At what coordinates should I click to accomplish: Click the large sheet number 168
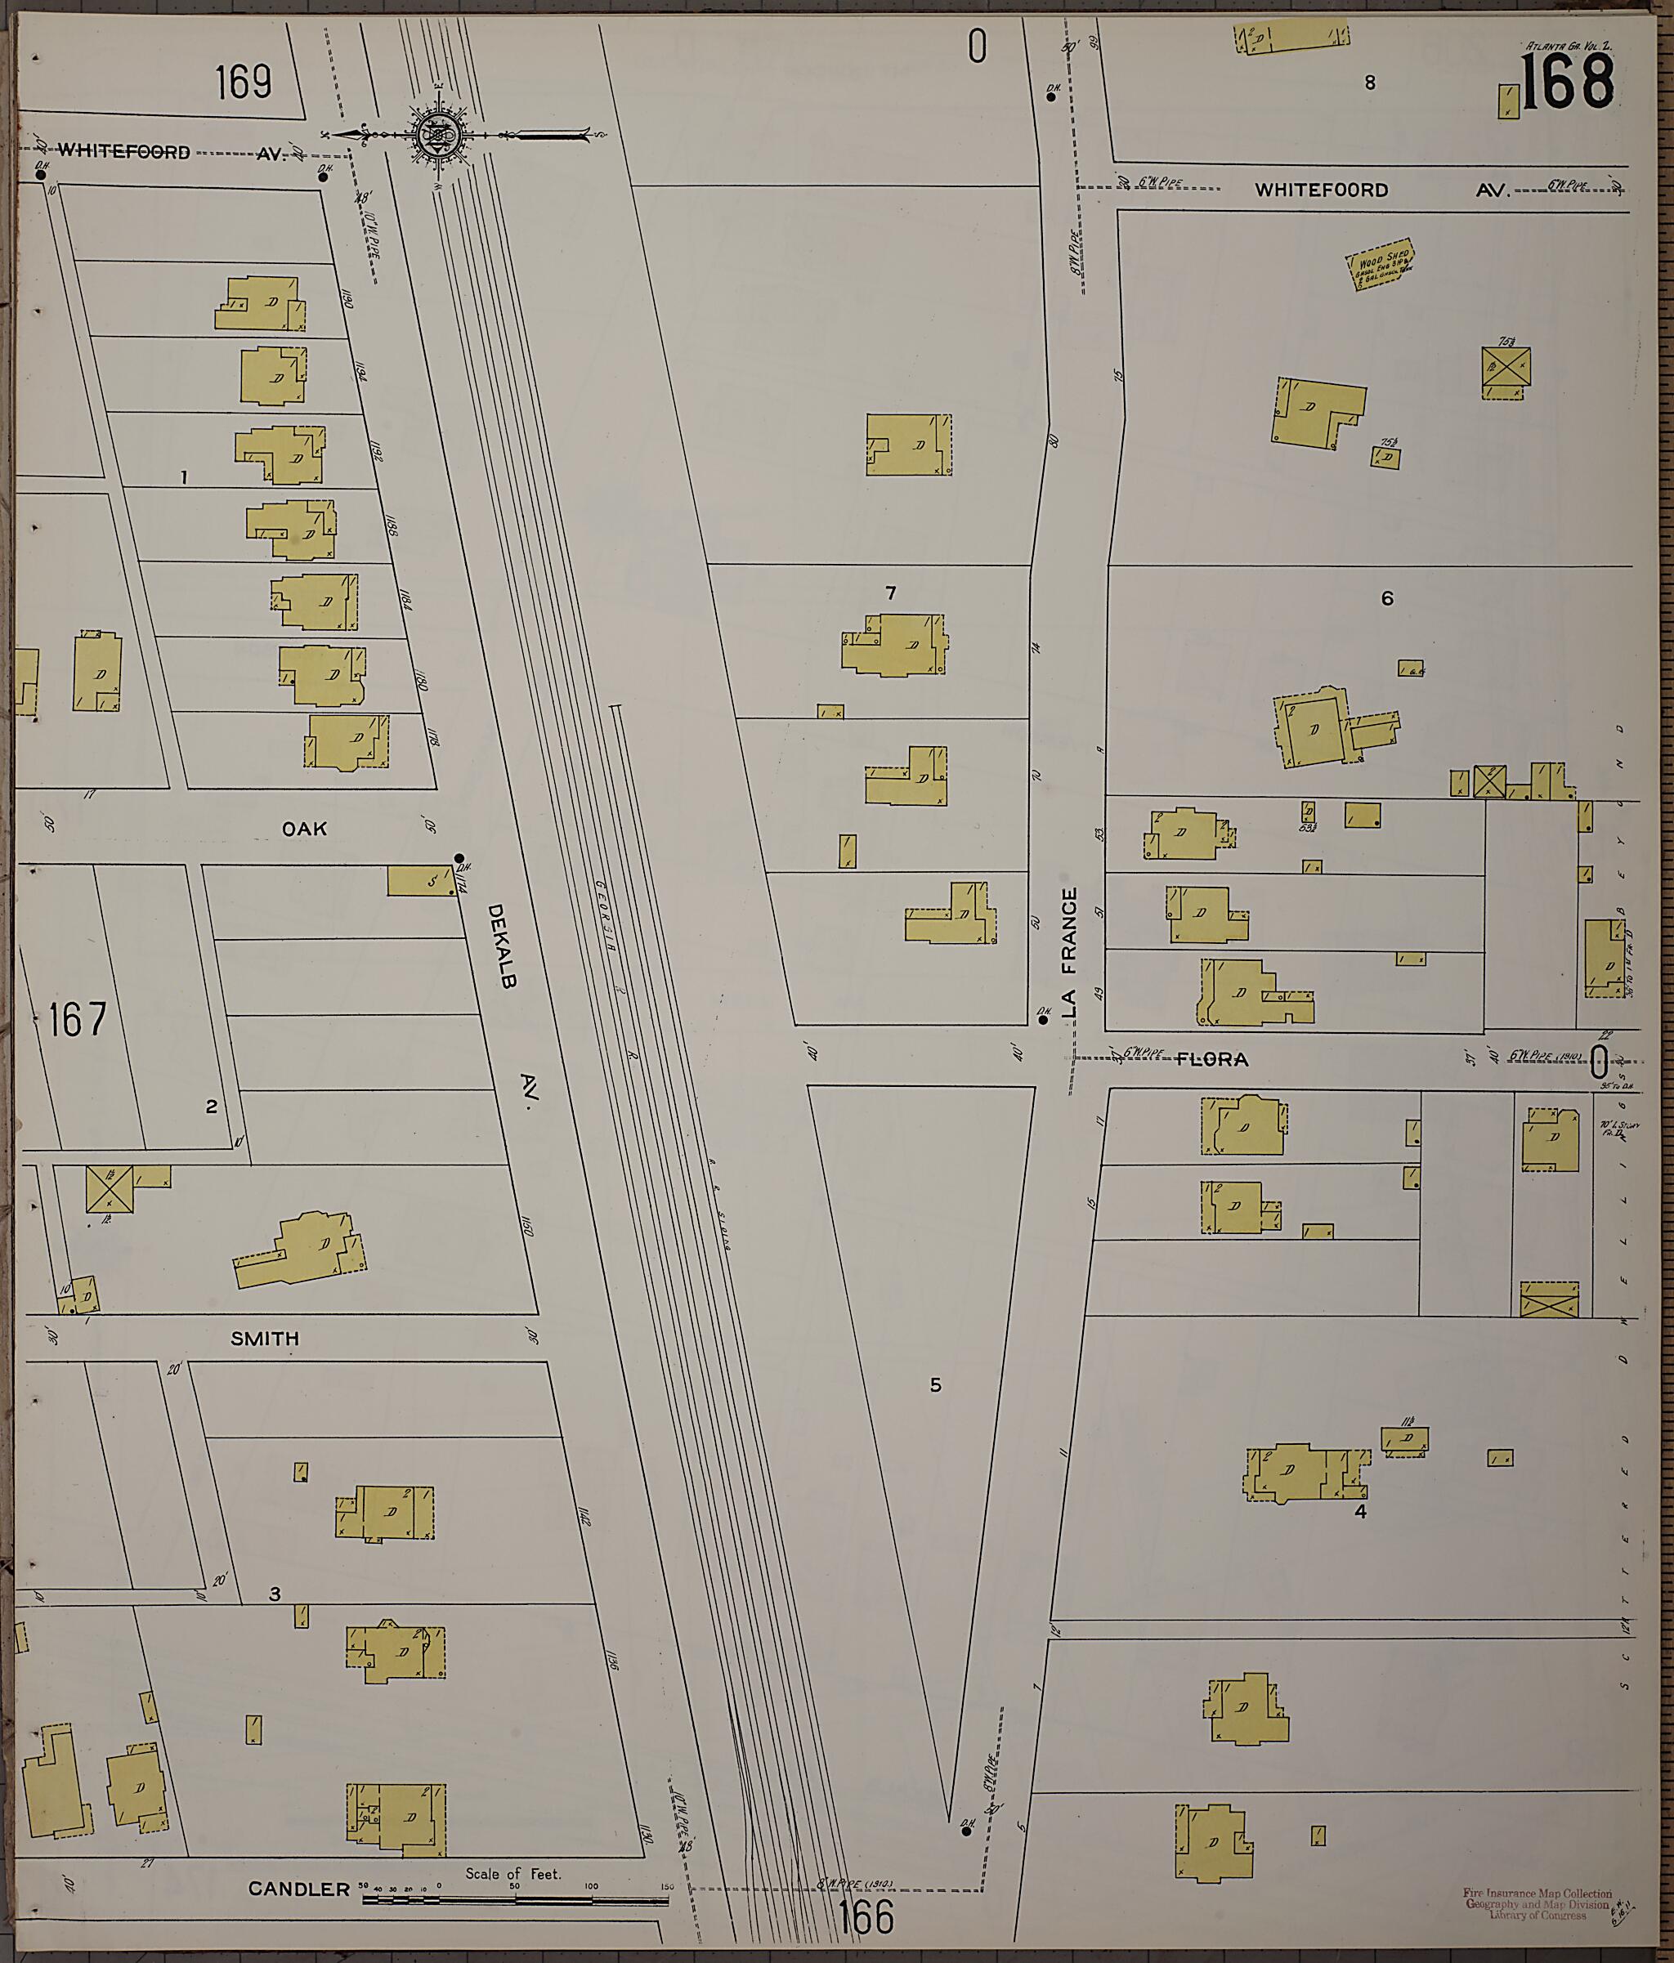(x=1567, y=82)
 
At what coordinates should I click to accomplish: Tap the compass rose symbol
(x=437, y=136)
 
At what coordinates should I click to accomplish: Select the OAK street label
(x=304, y=829)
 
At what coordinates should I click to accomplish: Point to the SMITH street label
(x=266, y=1339)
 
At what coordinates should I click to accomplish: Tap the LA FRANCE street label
(x=1070, y=952)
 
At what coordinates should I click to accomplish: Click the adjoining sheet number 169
(x=244, y=83)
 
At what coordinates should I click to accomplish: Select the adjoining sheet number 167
(x=78, y=1019)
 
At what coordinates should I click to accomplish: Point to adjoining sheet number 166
(x=866, y=1919)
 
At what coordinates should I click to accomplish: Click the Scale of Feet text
(x=512, y=1873)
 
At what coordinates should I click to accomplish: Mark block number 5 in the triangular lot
(x=935, y=1385)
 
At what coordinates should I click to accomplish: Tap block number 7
(x=890, y=593)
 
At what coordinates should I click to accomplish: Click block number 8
(x=1370, y=83)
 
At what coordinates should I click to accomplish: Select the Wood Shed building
(x=1382, y=264)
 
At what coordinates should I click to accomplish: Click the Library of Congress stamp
(x=1537, y=1904)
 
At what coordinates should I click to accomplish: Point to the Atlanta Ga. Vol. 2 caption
(x=1568, y=44)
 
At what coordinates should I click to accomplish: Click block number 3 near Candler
(x=275, y=1594)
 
